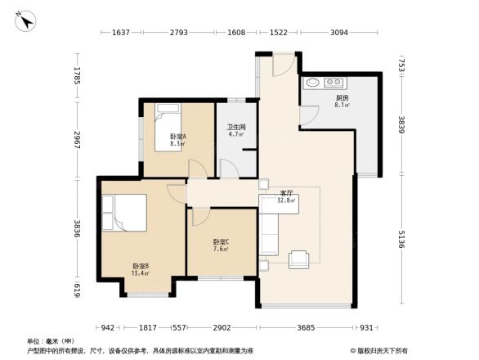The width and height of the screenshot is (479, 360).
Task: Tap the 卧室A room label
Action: [x=177, y=139]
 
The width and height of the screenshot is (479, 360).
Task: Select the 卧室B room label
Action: [x=140, y=269]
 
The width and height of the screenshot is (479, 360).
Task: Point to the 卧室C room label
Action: [x=221, y=245]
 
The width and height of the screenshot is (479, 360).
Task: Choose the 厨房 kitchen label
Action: [x=341, y=101]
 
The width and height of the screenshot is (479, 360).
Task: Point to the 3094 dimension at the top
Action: [x=341, y=33]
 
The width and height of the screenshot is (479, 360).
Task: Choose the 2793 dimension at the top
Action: [x=179, y=33]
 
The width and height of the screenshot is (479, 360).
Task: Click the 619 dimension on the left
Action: [x=78, y=288]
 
